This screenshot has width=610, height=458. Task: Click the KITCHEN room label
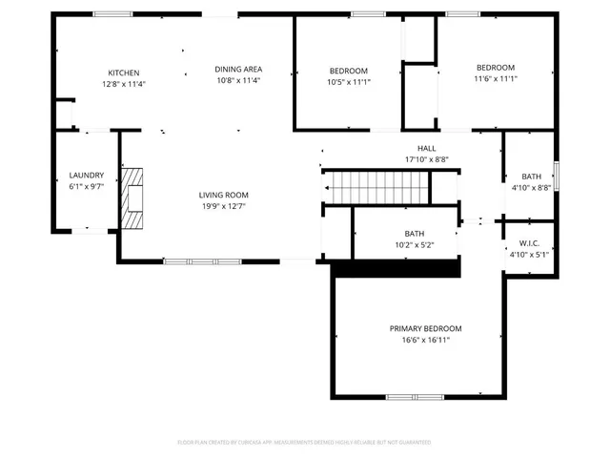(x=124, y=73)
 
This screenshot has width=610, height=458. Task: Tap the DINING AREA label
(x=238, y=69)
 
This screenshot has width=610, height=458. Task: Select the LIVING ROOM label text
(x=223, y=195)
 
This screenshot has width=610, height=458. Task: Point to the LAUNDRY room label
(x=86, y=176)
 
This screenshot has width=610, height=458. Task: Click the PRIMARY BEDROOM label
(x=425, y=328)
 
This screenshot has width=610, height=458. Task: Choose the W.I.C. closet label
(x=531, y=243)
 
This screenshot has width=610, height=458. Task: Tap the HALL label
(x=426, y=148)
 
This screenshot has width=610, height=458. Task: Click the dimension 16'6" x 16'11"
(x=425, y=340)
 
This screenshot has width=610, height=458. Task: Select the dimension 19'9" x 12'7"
(x=223, y=206)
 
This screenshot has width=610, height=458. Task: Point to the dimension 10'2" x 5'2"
(x=415, y=245)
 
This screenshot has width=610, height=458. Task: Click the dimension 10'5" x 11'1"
(x=348, y=82)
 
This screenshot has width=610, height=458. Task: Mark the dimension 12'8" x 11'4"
(x=124, y=84)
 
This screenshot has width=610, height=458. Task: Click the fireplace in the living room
(x=134, y=198)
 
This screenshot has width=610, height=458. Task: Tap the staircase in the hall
(x=376, y=187)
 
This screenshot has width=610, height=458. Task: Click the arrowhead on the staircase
(x=327, y=188)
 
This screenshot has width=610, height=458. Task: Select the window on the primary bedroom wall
(x=415, y=396)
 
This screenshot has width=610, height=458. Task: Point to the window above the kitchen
(x=112, y=14)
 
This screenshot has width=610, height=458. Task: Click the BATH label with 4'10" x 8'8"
(x=531, y=177)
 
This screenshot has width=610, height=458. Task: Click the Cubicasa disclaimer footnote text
(x=304, y=442)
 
